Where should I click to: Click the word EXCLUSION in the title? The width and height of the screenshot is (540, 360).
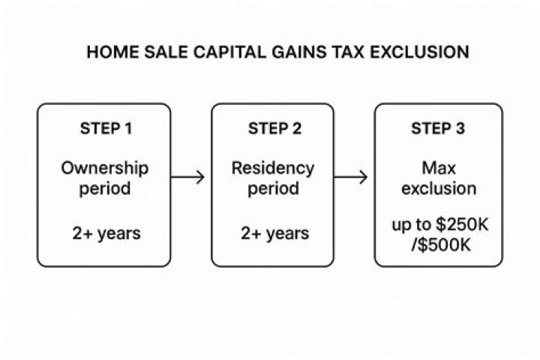[x=419, y=52]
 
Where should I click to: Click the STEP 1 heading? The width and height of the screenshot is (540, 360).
[x=106, y=129]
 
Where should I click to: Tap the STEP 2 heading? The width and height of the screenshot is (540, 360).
[x=274, y=129]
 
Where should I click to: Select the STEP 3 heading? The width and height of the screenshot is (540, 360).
[x=438, y=129]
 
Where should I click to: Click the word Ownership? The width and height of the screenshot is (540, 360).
[x=105, y=169]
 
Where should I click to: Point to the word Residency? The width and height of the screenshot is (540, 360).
[x=273, y=169]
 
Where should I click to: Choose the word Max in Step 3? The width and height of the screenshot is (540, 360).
[x=439, y=169]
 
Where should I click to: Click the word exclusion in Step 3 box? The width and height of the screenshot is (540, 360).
[x=439, y=189]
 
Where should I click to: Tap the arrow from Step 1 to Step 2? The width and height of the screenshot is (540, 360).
[x=187, y=177]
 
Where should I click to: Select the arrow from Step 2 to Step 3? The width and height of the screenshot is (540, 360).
[x=350, y=177]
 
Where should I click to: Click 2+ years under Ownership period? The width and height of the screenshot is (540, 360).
[x=106, y=233]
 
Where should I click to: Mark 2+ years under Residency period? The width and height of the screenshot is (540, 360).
[x=274, y=233]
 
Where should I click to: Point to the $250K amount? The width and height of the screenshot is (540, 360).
[x=462, y=224]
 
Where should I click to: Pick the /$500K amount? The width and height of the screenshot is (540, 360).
[x=441, y=245]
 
